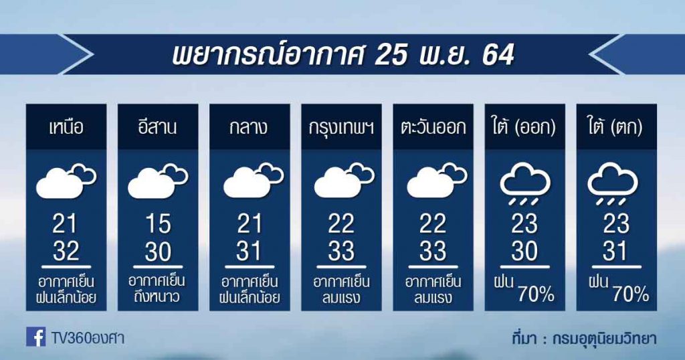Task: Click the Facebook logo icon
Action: [x=36, y=337]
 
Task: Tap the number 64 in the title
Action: [x=498, y=56]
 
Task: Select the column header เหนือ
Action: [x=66, y=128]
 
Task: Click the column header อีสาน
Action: [x=157, y=127]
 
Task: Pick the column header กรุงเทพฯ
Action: [x=341, y=128]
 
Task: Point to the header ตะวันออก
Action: [x=433, y=128]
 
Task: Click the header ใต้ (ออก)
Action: [x=524, y=127]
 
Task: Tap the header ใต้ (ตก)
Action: [x=616, y=127]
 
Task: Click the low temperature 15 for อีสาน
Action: [x=158, y=223]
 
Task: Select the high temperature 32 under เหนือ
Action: [x=66, y=251]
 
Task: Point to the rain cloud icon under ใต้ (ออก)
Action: [x=525, y=183]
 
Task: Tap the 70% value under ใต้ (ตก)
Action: [x=630, y=295]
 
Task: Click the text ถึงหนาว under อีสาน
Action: [x=158, y=298]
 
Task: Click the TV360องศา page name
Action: [x=88, y=338]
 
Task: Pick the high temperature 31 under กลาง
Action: [x=249, y=251]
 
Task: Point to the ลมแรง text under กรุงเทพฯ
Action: [x=341, y=298]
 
